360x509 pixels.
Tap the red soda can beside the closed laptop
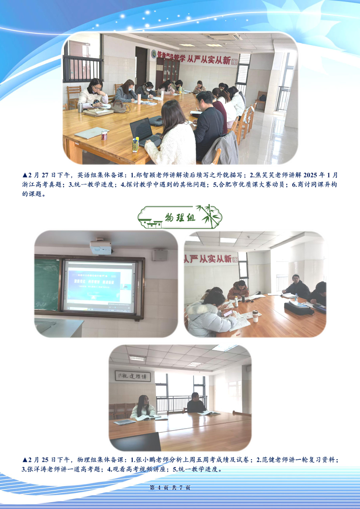104,135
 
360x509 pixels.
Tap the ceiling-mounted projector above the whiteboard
101,247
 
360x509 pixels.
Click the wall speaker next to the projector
160,255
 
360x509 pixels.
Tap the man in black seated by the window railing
196,403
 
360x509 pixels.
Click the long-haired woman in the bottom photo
143,408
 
